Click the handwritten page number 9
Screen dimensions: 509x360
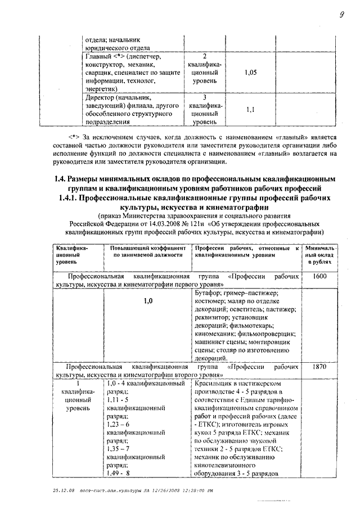[341, 15]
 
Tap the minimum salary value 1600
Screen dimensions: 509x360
[319, 277]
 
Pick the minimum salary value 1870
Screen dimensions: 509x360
[319, 366]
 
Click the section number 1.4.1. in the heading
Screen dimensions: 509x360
[71, 199]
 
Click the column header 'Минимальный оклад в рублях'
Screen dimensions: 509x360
[319, 254]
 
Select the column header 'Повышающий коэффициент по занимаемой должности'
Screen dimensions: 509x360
[148, 251]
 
